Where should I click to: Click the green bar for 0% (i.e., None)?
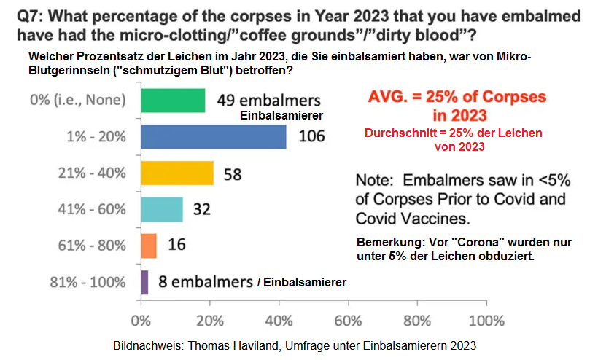[x=172, y=100]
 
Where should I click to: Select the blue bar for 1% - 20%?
[x=212, y=136]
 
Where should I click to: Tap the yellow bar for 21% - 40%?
[x=176, y=173]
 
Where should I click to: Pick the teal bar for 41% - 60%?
[x=161, y=209]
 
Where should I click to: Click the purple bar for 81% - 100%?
[x=144, y=282]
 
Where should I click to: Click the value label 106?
[x=311, y=136]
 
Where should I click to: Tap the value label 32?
[x=202, y=210]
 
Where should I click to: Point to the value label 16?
[x=176, y=246]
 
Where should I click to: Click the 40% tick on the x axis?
[x=278, y=321]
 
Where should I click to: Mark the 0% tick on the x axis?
[x=140, y=321]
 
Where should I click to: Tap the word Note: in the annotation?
[x=378, y=181]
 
